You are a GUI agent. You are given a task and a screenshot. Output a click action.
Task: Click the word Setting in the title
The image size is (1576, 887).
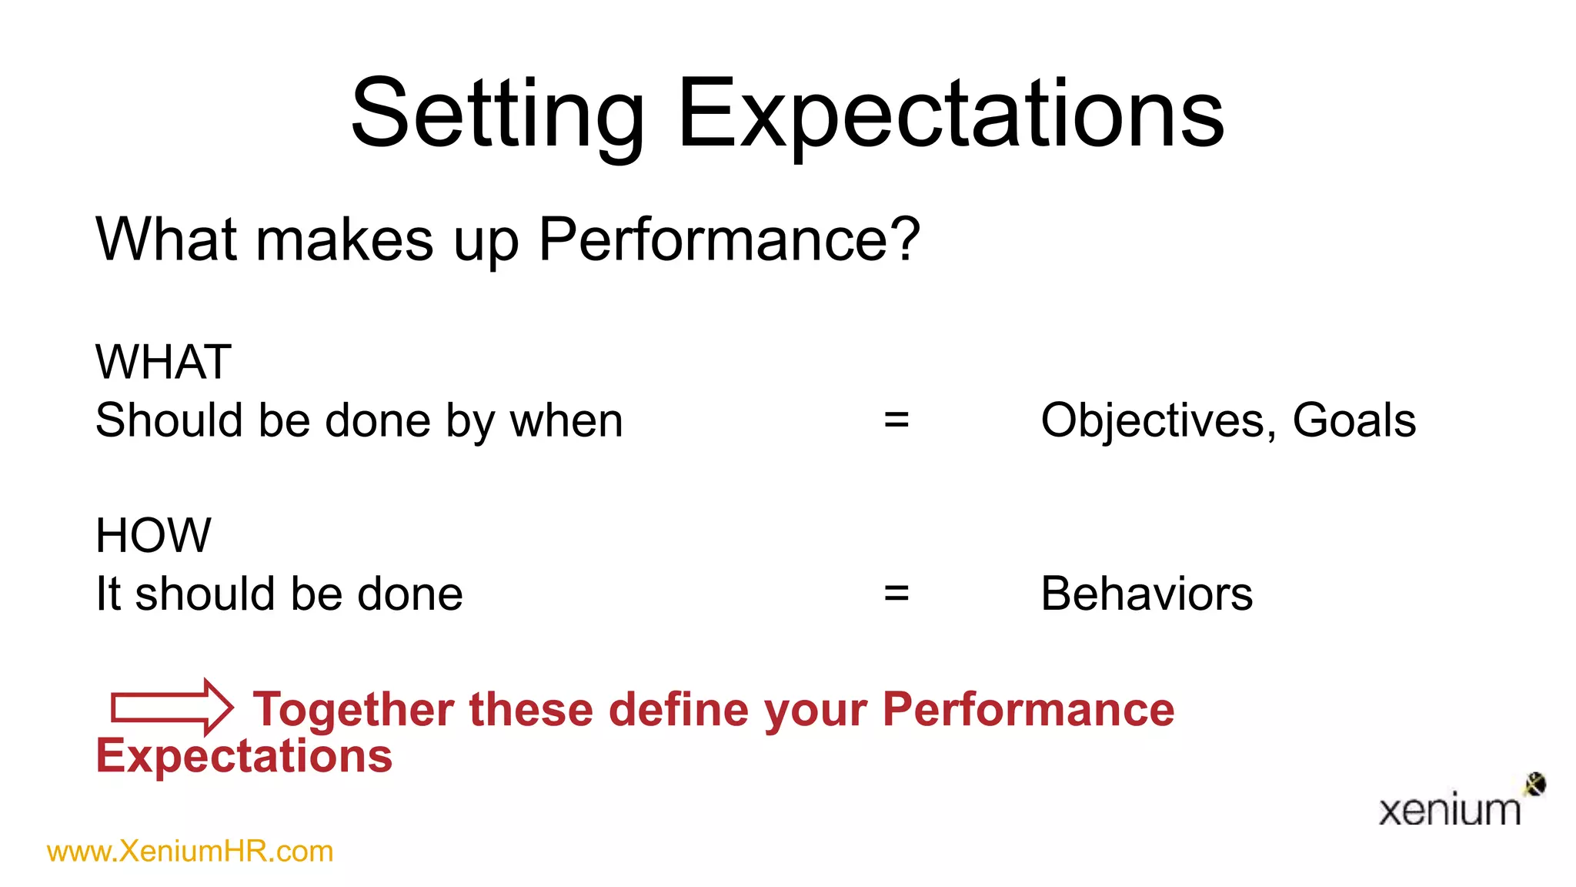click(x=497, y=115)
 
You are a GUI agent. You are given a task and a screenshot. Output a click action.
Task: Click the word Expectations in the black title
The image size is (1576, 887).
click(x=950, y=115)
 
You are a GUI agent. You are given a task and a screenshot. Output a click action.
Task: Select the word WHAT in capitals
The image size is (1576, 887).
click(x=163, y=362)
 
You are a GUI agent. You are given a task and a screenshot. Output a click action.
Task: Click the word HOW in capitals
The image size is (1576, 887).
click(x=153, y=535)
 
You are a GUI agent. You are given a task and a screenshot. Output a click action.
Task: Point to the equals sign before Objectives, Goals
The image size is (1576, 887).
click(x=896, y=420)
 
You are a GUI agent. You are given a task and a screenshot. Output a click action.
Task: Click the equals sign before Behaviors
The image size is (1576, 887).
click(x=896, y=594)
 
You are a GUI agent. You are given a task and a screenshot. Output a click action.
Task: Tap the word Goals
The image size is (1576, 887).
click(x=1354, y=420)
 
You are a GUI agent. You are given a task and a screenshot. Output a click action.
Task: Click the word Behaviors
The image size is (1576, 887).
click(x=1146, y=594)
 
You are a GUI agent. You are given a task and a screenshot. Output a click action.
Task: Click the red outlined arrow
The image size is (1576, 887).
click(x=172, y=707)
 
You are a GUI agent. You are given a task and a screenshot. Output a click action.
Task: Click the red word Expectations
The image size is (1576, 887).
click(x=244, y=756)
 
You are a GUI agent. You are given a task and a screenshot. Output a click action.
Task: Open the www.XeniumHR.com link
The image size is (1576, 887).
click(x=190, y=852)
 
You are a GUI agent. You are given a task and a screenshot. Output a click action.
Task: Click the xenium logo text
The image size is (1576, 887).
click(x=1449, y=811)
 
